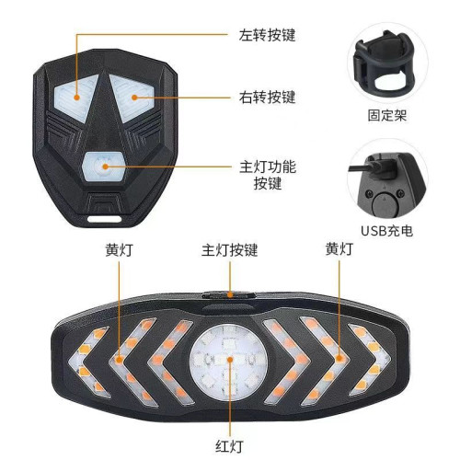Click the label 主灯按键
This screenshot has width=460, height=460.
coord(229,249)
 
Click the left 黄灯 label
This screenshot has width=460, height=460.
coord(118,249)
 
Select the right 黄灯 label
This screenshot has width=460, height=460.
coord(339,249)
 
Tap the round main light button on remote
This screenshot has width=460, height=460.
coord(103,167)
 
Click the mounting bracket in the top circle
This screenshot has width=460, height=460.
coord(386,63)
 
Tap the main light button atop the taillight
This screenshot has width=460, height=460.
coord(229,296)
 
